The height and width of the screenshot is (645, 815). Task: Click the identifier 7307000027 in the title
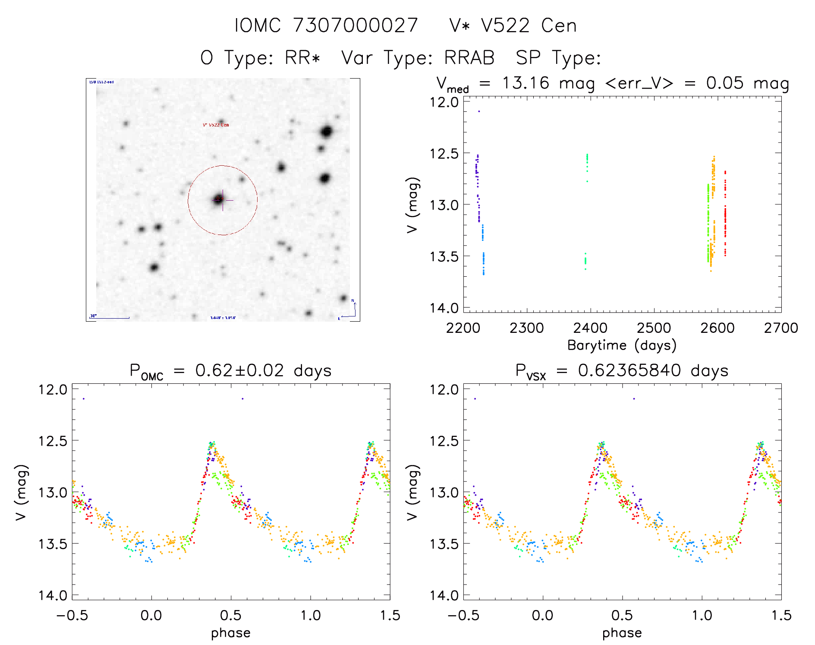pos(356,25)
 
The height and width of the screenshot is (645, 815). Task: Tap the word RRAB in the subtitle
pos(469,58)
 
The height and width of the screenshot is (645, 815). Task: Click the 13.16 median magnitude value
pos(526,83)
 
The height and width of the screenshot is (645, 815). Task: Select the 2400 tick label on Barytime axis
pos(590,328)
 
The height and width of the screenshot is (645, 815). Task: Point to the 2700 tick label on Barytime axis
pos(781,328)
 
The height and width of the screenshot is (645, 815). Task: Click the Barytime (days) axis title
pos(622,345)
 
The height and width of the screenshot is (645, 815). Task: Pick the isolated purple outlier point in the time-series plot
pos(479,111)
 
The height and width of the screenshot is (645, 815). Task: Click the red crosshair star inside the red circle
pos(219,199)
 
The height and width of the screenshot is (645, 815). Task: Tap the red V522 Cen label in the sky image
pos(216,125)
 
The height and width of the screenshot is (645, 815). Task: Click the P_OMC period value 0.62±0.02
pos(239,371)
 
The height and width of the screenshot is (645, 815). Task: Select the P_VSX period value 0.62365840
pos(629,371)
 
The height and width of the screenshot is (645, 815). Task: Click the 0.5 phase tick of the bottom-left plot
pos(231,615)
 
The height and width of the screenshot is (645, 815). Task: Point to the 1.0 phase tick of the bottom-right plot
pos(702,615)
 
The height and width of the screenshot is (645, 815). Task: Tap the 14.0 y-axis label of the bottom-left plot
pos(53,595)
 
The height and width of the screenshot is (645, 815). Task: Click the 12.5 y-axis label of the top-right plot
pos(444,153)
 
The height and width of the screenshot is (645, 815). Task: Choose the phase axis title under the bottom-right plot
pos(622,633)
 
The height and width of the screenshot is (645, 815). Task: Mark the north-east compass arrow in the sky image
pos(349,310)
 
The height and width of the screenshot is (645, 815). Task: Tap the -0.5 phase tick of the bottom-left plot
pos(72,615)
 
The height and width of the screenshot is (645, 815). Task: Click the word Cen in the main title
pos(559,25)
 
